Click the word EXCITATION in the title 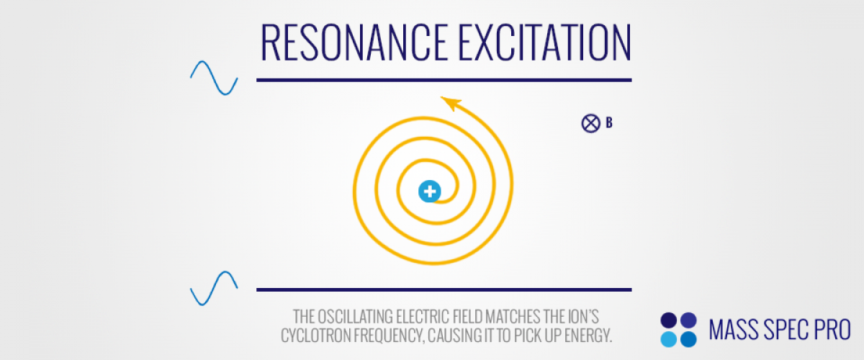544,42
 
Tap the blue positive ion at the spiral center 429,191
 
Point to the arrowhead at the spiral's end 451,103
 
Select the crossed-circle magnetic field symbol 590,123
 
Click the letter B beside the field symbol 609,122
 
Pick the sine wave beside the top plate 214,78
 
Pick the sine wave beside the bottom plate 214,288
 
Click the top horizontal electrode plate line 444,80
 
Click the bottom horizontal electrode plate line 444,289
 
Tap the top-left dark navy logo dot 668,320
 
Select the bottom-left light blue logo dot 668,339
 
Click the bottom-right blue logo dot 688,339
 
